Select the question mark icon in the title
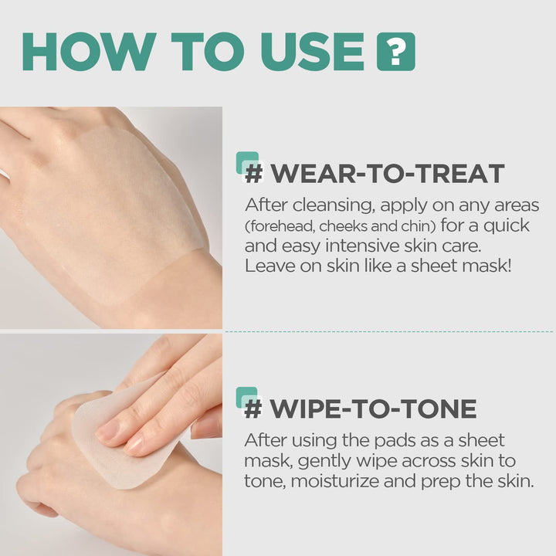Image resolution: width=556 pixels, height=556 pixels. (395, 52)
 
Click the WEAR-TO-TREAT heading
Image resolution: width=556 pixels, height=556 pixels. (387, 173)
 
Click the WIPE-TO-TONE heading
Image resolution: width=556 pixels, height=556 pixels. (371, 409)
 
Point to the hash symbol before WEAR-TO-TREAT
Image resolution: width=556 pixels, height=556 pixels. (253, 173)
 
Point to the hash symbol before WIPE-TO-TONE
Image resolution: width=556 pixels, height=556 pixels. (253, 409)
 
